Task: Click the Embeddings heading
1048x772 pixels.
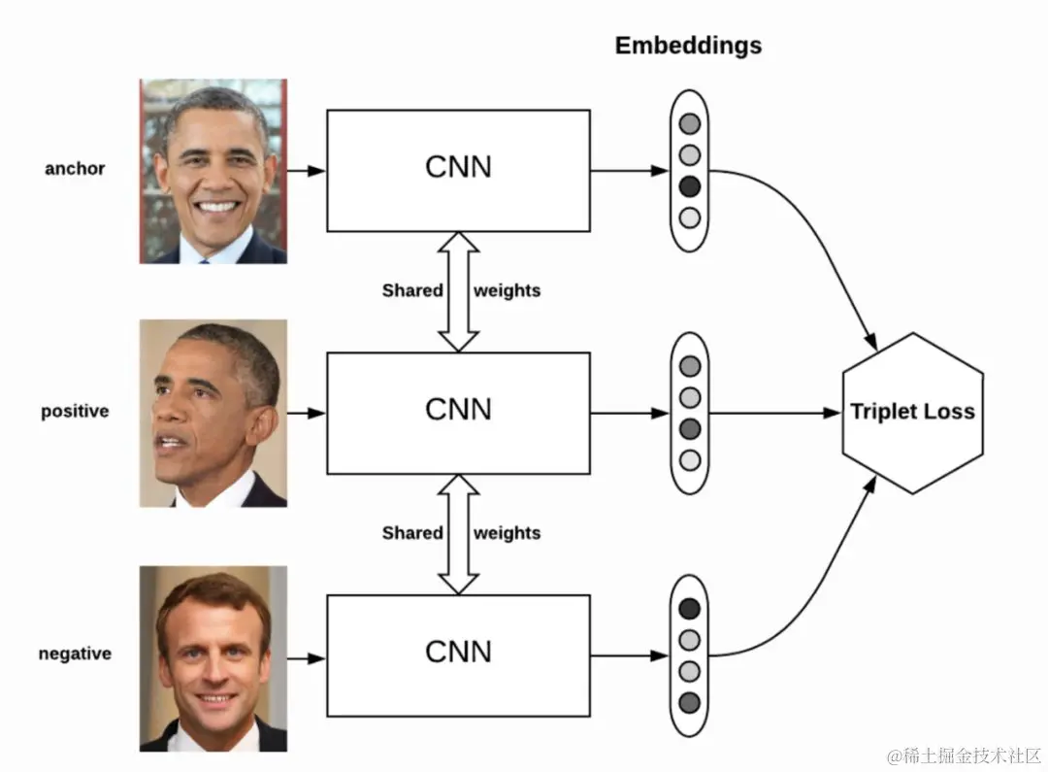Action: click(688, 46)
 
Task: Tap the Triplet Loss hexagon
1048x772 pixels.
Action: click(912, 412)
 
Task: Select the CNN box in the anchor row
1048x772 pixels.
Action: click(458, 170)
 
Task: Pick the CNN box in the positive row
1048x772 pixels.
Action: click(458, 412)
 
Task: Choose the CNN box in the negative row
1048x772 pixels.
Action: click(458, 655)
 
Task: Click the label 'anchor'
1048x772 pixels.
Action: click(75, 168)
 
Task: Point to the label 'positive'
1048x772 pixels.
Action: click(75, 411)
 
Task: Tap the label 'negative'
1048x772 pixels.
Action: click(75, 654)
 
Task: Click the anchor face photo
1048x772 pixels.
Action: click(213, 171)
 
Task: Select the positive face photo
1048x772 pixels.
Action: click(213, 413)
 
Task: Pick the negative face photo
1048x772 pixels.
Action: click(213, 658)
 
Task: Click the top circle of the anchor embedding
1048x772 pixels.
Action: click(689, 124)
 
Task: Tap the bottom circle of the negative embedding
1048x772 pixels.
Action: click(689, 701)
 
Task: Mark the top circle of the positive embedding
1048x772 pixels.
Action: click(689, 367)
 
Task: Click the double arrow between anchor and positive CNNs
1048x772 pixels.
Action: click(458, 291)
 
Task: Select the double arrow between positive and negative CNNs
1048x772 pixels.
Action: click(458, 533)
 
